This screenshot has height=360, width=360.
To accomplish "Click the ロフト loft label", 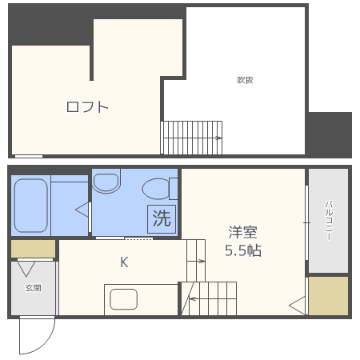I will [86, 106].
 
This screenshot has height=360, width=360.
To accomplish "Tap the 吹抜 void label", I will [245, 79].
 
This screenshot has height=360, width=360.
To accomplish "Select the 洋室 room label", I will [242, 232].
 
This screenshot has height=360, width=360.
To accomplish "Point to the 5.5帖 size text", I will [242, 250].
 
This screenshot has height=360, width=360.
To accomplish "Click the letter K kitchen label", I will [124, 262].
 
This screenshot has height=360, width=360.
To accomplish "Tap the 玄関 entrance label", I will [32, 287].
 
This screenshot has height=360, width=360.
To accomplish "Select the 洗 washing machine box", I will [162, 218].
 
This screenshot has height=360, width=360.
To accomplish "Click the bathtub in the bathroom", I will [31, 205].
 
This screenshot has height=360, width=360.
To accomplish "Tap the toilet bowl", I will [156, 189].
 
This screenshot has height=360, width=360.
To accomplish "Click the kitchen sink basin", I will [124, 300].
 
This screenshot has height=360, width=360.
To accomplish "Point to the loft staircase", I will [192, 137].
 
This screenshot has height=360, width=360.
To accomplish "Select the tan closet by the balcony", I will [328, 295].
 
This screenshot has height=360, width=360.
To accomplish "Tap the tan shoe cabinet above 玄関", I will [33, 249].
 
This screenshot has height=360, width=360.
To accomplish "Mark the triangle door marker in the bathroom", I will [82, 210].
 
